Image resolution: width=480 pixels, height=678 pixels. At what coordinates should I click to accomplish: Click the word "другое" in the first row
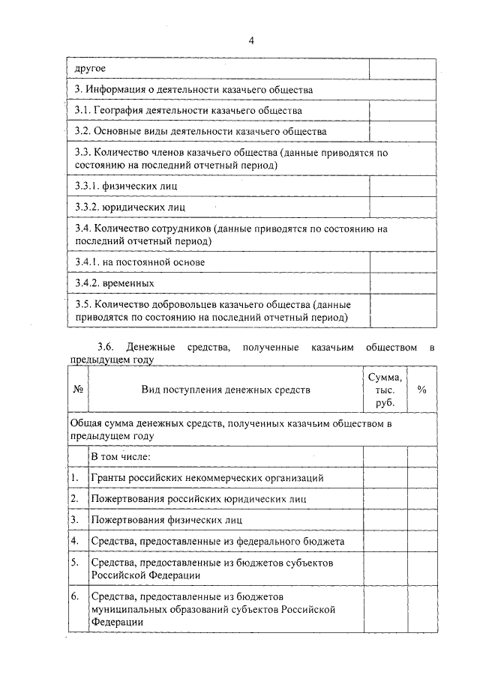pyautogui.click(x=90, y=69)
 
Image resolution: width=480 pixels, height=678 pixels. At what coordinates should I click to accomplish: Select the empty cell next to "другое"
pyautogui.click(x=403, y=69)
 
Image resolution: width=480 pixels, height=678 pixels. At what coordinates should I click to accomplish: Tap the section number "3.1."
pyautogui.click(x=86, y=110)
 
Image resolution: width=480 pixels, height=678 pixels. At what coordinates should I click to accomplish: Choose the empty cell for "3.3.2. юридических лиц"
pyautogui.click(x=403, y=205)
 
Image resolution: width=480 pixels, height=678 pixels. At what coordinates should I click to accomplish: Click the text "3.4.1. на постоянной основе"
pyautogui.click(x=139, y=262)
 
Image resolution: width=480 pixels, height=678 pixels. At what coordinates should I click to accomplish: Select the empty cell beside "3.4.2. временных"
pyautogui.click(x=403, y=283)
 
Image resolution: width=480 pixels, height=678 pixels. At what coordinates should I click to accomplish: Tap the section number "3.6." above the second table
pyautogui.click(x=107, y=348)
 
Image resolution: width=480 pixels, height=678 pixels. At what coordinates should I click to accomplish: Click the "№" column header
pyautogui.click(x=78, y=390)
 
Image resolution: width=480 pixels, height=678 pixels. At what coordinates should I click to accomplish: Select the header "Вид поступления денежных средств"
pyautogui.click(x=225, y=390)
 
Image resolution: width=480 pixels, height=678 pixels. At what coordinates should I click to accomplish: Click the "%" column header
pyautogui.click(x=421, y=390)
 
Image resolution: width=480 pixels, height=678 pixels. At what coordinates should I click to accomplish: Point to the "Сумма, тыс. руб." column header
pyautogui.click(x=385, y=390)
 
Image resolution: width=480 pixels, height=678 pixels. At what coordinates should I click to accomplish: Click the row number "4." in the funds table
pyautogui.click(x=75, y=540)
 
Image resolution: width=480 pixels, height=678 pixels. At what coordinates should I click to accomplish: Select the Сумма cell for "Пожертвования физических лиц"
pyautogui.click(x=385, y=518)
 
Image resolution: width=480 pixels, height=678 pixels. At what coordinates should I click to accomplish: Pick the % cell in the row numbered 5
pyautogui.click(x=421, y=569)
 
